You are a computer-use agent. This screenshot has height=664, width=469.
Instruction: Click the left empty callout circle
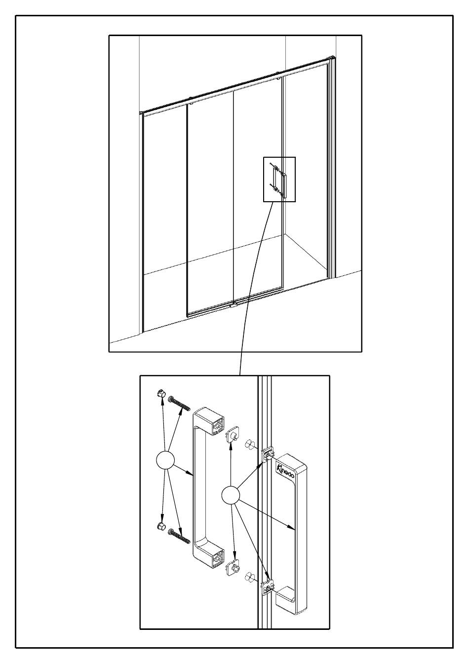coord(165,460)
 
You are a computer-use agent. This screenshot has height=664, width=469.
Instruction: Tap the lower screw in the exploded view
coord(179,536)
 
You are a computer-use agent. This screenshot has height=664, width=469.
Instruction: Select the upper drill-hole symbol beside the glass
coord(250,444)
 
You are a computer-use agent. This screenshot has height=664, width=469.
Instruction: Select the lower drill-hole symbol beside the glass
coord(250,577)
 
